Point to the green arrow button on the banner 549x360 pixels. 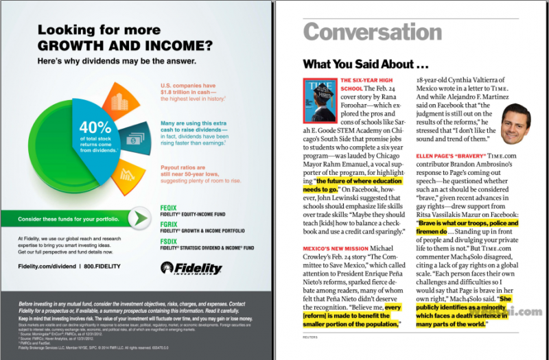[x=140, y=218]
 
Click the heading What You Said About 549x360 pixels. [x=368, y=65]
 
